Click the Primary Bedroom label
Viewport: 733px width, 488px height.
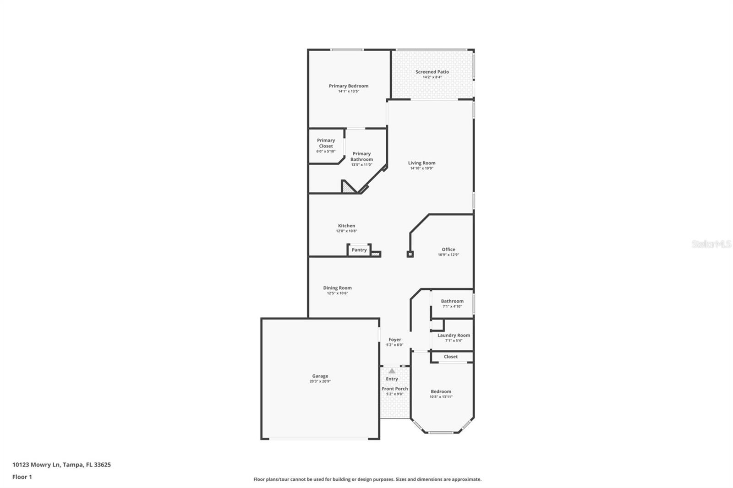coord(349,86)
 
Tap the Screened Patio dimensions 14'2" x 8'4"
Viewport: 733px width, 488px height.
coord(432,77)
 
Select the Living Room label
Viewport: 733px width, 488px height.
coord(421,163)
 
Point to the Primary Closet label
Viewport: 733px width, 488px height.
coord(326,143)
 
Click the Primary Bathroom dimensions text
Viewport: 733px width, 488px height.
coord(361,164)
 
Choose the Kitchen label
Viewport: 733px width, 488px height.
coord(346,226)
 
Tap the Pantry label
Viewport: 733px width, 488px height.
coord(359,250)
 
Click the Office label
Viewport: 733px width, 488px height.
coord(449,249)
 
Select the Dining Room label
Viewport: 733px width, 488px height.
coord(337,288)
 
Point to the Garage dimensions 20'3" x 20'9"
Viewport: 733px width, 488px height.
coord(320,381)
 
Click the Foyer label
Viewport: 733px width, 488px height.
coord(394,340)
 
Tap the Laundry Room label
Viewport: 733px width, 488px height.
coord(454,335)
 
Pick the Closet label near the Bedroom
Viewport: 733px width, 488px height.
coord(451,357)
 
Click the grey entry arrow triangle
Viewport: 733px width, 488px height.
coord(392,371)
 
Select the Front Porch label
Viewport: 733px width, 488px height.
coord(394,389)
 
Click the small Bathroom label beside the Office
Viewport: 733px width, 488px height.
coord(452,301)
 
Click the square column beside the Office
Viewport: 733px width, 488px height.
coord(410,254)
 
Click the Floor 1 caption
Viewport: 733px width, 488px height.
coord(22,477)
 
